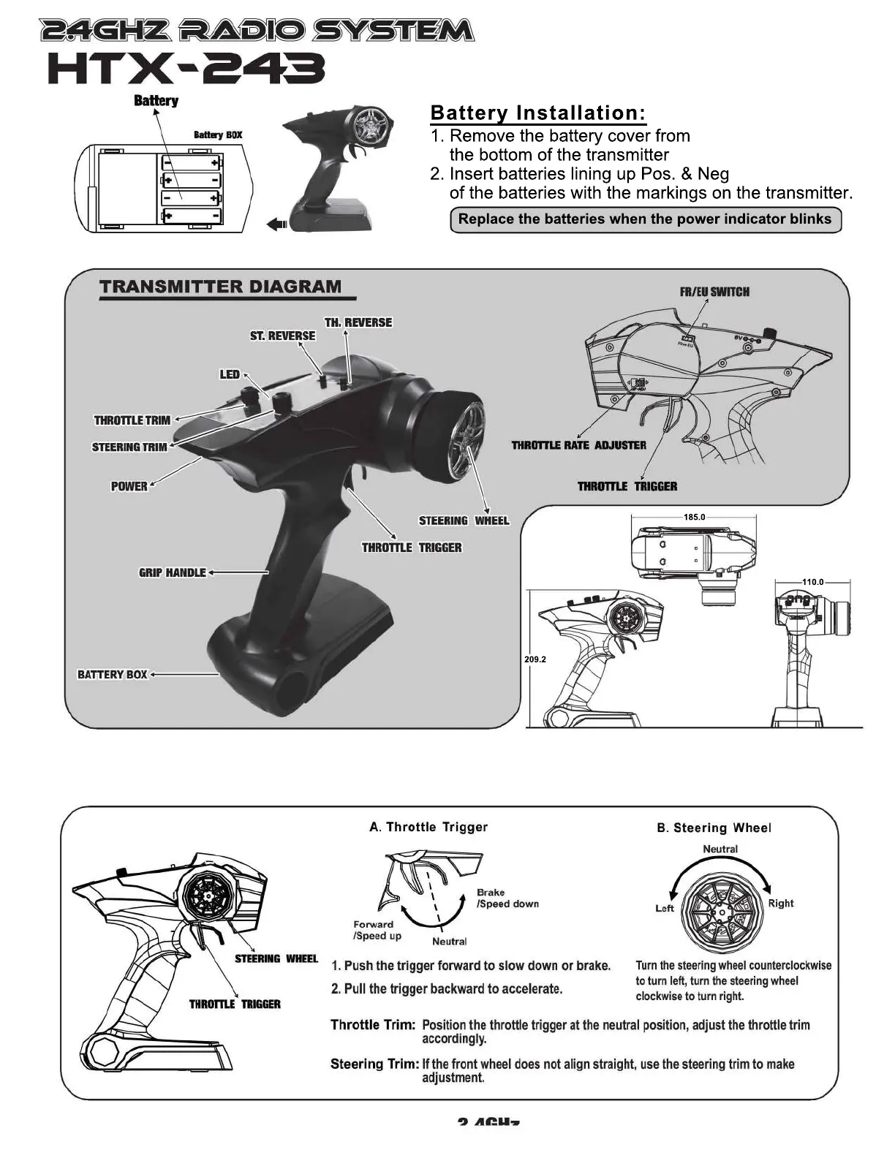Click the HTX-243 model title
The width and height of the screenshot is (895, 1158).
pyautogui.click(x=186, y=71)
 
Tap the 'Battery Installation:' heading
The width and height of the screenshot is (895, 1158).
pyautogui.click(x=538, y=113)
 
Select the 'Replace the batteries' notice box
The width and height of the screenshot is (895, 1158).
pyautogui.click(x=645, y=219)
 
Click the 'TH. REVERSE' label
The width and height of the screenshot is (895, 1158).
pyautogui.click(x=358, y=322)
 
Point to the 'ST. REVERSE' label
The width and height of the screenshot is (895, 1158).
pyautogui.click(x=283, y=336)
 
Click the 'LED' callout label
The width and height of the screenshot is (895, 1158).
pyautogui.click(x=230, y=374)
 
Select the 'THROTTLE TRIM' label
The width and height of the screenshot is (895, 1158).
pyautogui.click(x=132, y=420)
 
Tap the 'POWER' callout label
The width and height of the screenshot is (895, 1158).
pyautogui.click(x=129, y=486)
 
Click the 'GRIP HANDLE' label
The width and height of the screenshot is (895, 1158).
pyautogui.click(x=173, y=572)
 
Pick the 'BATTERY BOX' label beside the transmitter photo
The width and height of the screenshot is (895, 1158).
pyautogui.click(x=113, y=674)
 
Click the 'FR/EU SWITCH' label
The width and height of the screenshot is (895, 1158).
pyautogui.click(x=714, y=292)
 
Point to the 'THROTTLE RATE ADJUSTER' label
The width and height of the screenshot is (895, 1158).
pyautogui.click(x=579, y=445)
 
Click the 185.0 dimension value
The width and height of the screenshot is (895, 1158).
pyautogui.click(x=694, y=518)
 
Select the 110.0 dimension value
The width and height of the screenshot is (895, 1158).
pyautogui.click(x=813, y=582)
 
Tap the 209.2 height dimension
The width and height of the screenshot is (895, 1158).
pyautogui.click(x=535, y=659)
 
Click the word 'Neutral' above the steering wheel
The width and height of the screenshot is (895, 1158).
pyautogui.click(x=720, y=849)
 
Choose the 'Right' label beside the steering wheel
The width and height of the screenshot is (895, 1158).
pyautogui.click(x=780, y=903)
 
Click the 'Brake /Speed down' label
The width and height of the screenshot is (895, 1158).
pyautogui.click(x=507, y=898)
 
